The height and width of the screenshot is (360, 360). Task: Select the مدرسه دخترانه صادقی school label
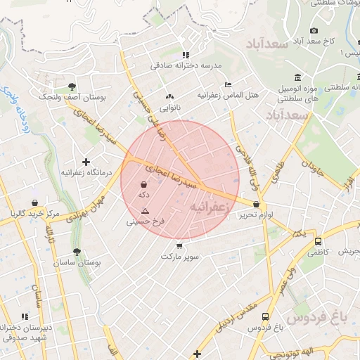pos(186,65)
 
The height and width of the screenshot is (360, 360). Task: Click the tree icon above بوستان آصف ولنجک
pos(72,86)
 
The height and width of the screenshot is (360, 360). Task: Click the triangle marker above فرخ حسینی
pos(146,211)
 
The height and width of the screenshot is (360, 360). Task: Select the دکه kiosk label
pos(144,193)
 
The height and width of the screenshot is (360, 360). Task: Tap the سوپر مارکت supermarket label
pos(180,257)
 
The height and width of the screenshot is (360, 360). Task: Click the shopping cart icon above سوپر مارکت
pos(180,246)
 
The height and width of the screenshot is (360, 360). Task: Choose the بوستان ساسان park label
pos(77,262)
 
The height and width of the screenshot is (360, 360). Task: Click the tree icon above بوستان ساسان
pos(77,251)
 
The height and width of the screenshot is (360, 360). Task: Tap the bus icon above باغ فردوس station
pos(265,317)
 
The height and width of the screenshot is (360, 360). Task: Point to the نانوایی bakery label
pos(169,108)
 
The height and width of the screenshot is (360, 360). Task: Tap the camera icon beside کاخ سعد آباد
pos(314,30)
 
